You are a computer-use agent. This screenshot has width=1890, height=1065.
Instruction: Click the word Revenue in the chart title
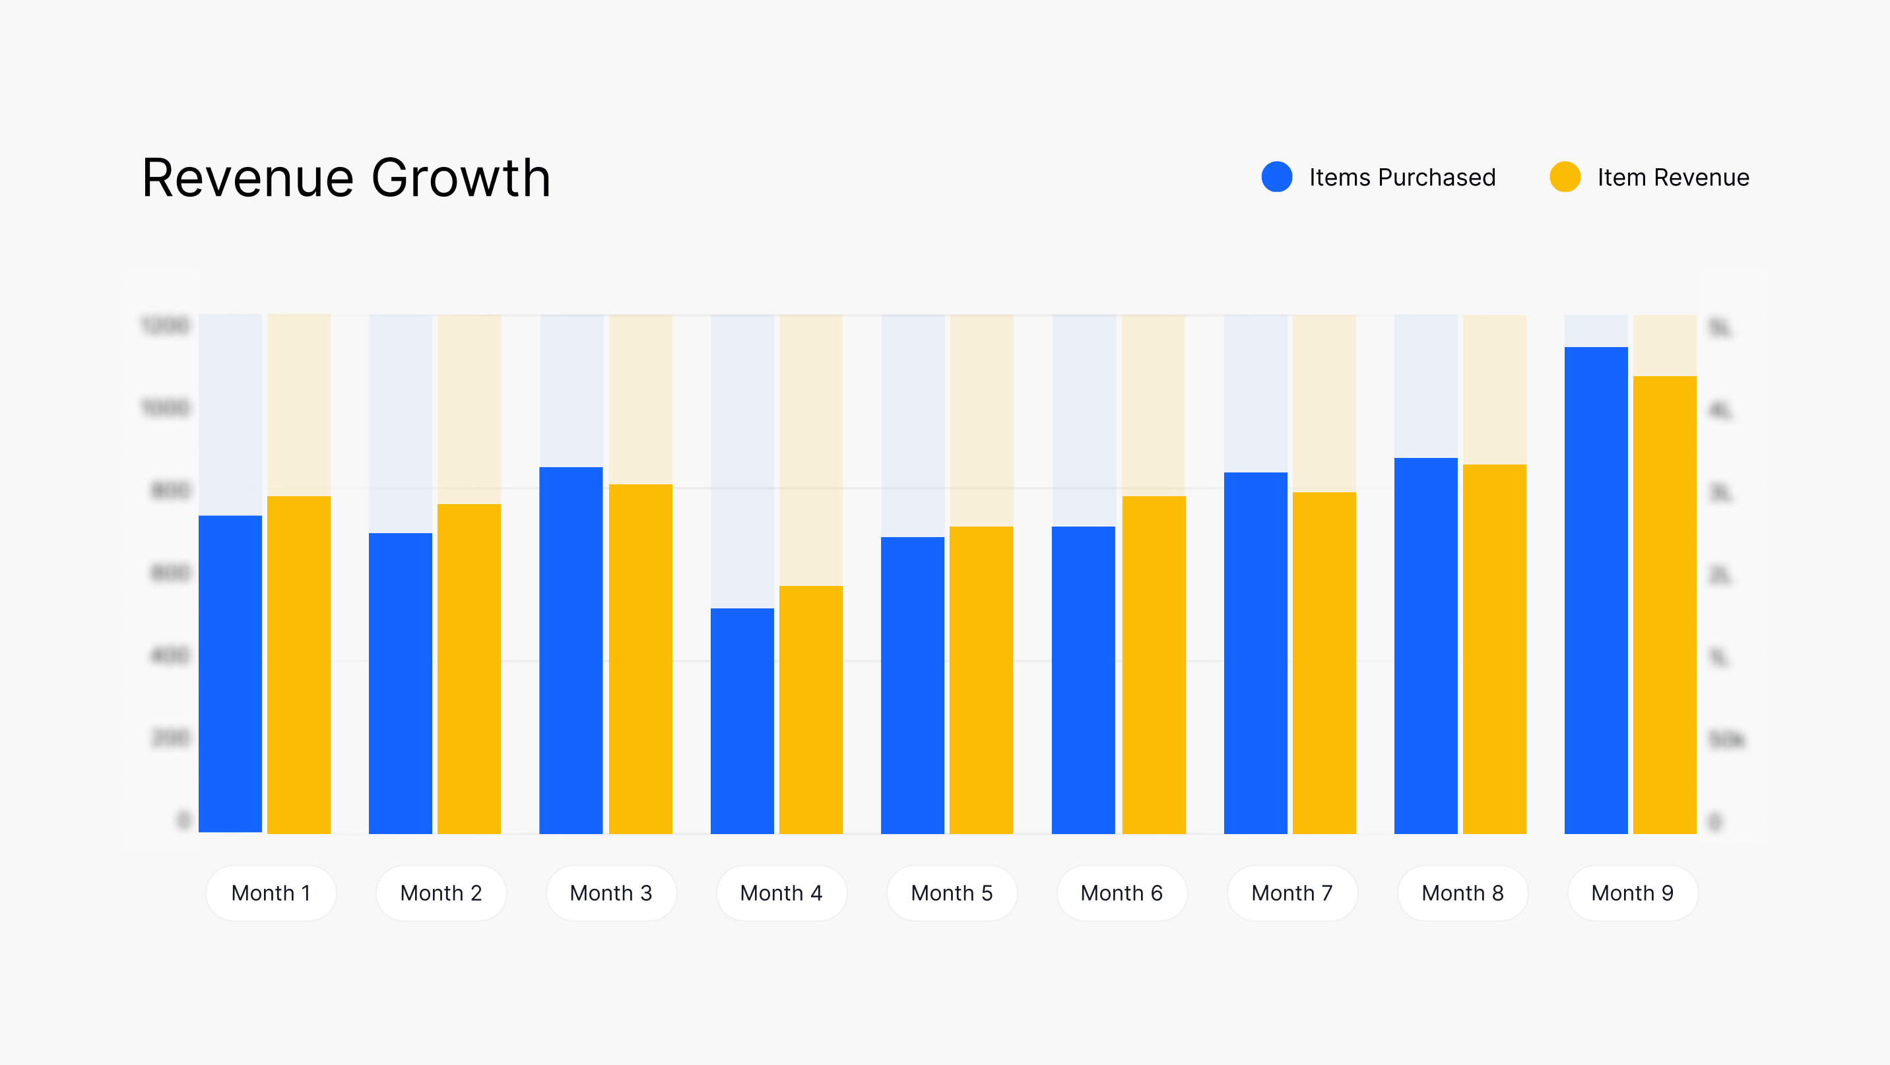248,178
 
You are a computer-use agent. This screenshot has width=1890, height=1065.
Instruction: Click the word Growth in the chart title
461,178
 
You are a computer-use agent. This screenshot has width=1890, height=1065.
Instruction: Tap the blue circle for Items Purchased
1277,177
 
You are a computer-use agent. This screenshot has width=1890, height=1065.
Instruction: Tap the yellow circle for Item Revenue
1564,177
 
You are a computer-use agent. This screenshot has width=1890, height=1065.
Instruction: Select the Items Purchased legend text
1402,177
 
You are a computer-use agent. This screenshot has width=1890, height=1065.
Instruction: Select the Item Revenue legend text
1673,177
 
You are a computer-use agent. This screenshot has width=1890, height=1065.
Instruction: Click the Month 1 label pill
271,893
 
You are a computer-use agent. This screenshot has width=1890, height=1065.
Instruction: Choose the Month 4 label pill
781,893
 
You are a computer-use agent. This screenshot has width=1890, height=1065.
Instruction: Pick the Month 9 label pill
1633,893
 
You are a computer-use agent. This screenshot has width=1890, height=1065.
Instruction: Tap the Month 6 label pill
1122,893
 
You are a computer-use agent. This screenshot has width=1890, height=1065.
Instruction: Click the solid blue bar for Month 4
742,721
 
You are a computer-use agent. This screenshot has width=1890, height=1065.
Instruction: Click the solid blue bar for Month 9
1596,590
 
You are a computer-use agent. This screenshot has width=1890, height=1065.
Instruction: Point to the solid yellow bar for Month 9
1664,604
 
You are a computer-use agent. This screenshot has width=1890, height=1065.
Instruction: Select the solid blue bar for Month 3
571,650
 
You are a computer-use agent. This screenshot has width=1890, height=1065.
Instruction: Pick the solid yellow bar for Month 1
299,664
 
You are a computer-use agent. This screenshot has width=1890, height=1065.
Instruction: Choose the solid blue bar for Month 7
1255,653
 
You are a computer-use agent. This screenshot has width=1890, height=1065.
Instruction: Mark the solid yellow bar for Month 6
1154,664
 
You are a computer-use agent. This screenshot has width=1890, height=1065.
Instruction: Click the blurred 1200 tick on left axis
165,325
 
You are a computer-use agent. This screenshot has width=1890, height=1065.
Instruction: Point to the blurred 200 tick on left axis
170,737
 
